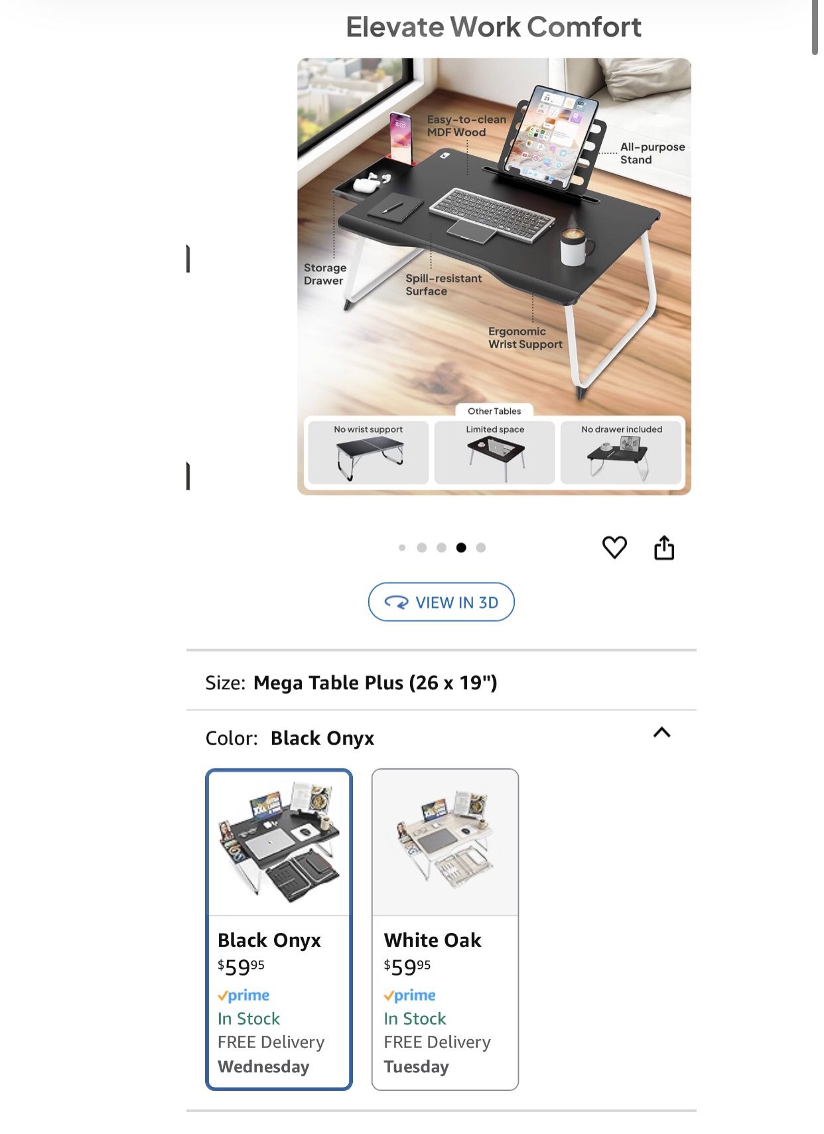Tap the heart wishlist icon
[614, 547]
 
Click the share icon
[664, 547]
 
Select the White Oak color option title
[433, 940]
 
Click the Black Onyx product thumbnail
[279, 843]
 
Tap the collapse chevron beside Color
[661, 733]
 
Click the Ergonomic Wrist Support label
[525, 338]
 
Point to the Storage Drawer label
[325, 274]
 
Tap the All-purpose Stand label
[652, 153]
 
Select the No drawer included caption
[622, 429]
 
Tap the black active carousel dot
[461, 547]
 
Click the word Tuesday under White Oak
[416, 1067]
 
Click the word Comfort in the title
[584, 27]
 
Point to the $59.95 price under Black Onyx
[241, 967]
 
